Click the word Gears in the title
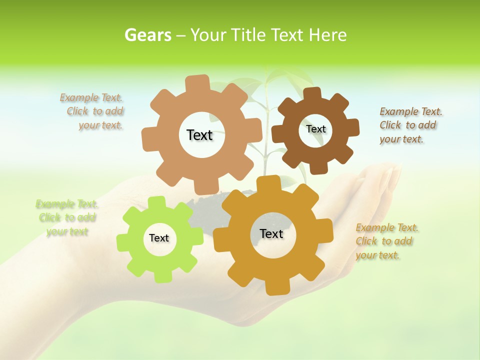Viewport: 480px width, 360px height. pos(148,35)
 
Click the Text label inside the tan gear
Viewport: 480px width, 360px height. pos(199,135)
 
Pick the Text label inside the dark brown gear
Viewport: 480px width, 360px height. pos(315,129)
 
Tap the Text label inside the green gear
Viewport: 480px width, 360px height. pos(159,238)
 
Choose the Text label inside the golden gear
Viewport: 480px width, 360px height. pos(271,233)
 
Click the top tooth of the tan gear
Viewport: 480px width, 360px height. pos(197,83)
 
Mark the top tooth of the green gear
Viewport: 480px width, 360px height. pos(156,203)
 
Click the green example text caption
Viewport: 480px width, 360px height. pos(66,217)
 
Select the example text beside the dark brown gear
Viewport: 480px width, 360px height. pos(410,125)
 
